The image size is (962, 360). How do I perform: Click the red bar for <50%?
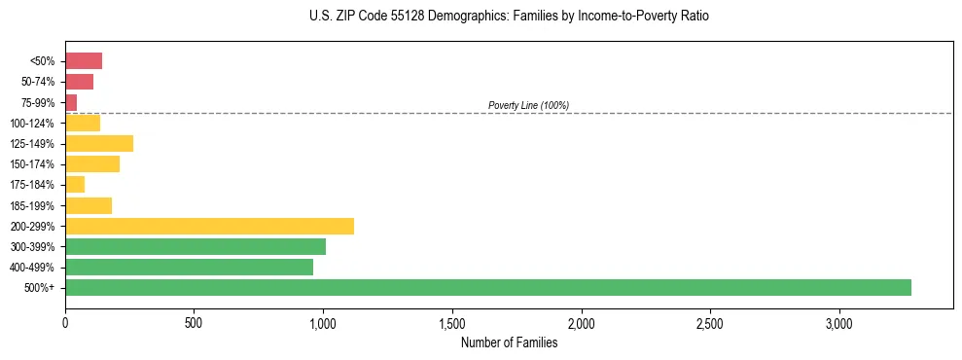[84, 61]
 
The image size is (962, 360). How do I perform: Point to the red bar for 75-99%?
[71, 102]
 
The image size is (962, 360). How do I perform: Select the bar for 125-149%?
[99, 144]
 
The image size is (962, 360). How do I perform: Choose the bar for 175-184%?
[75, 184]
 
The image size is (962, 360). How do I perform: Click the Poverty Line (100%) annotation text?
[528, 105]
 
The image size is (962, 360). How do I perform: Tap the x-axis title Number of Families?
[509, 342]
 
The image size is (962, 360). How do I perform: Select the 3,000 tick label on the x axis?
[838, 323]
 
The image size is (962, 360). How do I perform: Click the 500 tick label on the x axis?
[194, 323]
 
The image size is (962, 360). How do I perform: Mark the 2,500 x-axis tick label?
[710, 323]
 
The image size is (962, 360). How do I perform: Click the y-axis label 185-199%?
[34, 205]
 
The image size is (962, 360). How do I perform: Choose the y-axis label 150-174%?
[34, 164]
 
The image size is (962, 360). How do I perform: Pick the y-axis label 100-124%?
[34, 124]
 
